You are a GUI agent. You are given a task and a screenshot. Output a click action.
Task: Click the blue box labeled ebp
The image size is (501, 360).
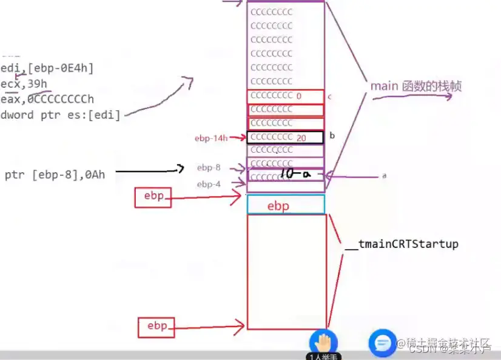click(x=285, y=205)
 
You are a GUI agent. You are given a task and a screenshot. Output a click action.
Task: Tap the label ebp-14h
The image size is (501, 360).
click(x=210, y=138)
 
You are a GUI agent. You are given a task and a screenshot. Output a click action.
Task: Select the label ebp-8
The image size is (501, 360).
click(x=209, y=167)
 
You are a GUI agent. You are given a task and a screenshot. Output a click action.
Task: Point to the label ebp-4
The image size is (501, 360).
click(x=209, y=184)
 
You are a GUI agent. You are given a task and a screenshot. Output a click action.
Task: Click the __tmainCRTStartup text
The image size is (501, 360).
click(x=401, y=244)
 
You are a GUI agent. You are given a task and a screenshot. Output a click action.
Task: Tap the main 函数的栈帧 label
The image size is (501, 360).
click(x=415, y=87)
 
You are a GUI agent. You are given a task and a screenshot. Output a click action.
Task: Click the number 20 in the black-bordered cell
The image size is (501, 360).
click(x=301, y=138)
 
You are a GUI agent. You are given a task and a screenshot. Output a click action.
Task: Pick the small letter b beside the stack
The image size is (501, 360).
click(x=332, y=135)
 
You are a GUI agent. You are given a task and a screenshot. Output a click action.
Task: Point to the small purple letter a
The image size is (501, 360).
click(x=384, y=176)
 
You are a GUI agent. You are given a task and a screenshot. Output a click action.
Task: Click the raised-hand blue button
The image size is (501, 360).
click(x=323, y=342)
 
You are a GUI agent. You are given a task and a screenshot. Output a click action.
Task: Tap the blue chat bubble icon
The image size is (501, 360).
click(x=382, y=344)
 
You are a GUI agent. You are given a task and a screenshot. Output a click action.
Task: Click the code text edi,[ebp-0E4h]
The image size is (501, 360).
click(x=47, y=68)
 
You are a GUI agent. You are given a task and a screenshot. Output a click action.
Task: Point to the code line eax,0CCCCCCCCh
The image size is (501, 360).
click(x=47, y=99)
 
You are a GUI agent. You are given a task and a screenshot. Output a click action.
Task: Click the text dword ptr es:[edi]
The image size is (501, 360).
click(x=60, y=115)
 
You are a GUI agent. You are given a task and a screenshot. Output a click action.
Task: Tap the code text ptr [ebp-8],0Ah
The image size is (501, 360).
click(x=55, y=175)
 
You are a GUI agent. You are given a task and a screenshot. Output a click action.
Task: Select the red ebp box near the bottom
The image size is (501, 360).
click(x=156, y=326)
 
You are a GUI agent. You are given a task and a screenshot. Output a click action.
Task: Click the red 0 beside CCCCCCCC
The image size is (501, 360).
click(x=299, y=96)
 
